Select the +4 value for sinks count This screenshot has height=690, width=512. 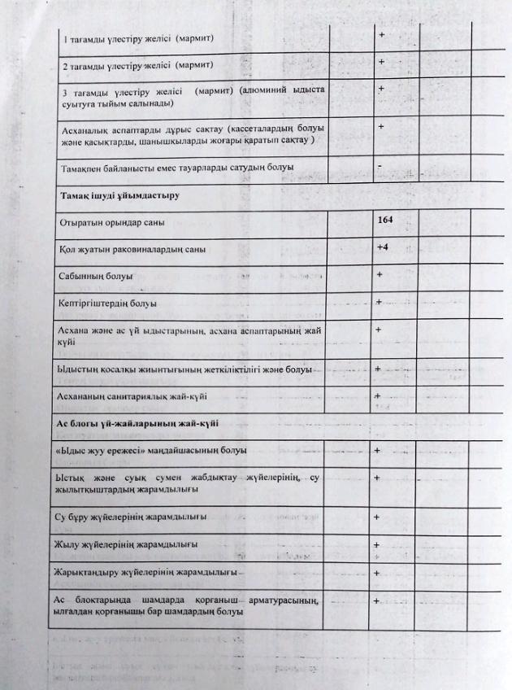click(x=384, y=247)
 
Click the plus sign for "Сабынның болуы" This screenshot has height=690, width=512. click(x=380, y=274)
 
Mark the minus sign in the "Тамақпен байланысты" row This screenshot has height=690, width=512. click(x=380, y=165)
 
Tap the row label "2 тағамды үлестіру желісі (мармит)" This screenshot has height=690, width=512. click(x=137, y=64)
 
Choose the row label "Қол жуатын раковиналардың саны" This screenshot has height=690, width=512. click(x=125, y=249)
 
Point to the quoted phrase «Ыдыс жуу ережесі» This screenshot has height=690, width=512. click(x=102, y=450)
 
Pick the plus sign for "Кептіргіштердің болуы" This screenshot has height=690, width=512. click(x=380, y=302)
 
